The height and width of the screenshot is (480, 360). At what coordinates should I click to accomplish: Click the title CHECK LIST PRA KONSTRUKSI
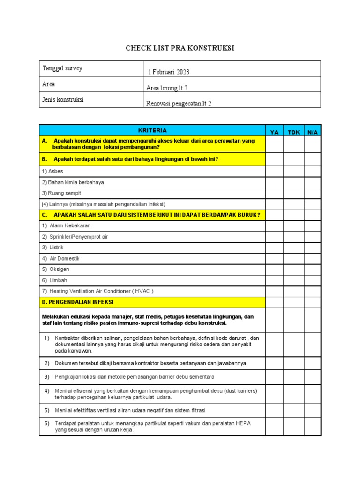(180, 48)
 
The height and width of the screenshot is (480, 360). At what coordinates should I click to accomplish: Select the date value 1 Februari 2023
(169, 72)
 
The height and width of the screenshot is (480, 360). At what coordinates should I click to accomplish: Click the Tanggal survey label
(62, 68)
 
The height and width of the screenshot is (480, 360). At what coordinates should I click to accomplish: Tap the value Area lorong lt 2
(167, 88)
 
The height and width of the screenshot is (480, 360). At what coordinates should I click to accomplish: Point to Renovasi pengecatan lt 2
(179, 103)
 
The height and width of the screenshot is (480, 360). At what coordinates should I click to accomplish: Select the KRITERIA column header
(152, 131)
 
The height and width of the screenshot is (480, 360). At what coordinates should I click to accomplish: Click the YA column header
(275, 132)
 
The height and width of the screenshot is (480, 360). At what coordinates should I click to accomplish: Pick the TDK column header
(293, 132)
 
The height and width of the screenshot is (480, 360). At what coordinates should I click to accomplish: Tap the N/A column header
(312, 132)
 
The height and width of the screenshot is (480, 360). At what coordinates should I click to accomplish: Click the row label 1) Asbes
(52, 172)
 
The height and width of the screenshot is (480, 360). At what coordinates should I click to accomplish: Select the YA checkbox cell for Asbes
(275, 172)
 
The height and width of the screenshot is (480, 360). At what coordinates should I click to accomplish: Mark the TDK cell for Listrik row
(293, 247)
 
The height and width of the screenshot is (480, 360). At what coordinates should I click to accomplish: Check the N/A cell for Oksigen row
(312, 270)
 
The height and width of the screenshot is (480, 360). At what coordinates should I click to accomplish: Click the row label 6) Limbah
(55, 280)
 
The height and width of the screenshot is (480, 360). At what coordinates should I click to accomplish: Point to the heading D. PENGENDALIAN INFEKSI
(78, 302)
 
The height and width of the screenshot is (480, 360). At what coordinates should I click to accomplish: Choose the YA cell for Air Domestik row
(275, 258)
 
